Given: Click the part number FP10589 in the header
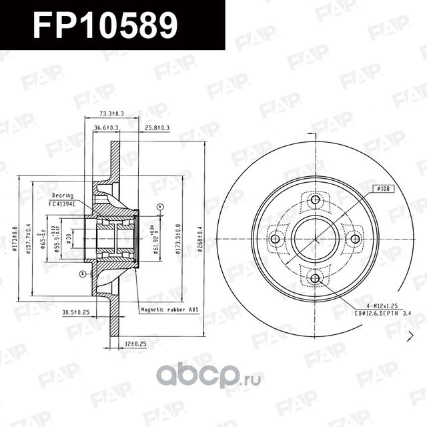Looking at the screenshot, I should click(105, 25).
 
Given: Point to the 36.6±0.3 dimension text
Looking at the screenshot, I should click(106, 127).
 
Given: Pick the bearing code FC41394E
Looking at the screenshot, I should click(63, 203).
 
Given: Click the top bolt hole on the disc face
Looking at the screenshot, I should click(316, 200).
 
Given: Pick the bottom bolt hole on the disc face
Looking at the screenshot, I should click(316, 278).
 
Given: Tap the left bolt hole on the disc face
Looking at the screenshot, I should click(276, 239).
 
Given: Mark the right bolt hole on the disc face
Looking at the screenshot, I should click(355, 239).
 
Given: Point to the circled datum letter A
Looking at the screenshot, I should click(160, 208).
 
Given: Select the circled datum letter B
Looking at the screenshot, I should click(81, 274).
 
